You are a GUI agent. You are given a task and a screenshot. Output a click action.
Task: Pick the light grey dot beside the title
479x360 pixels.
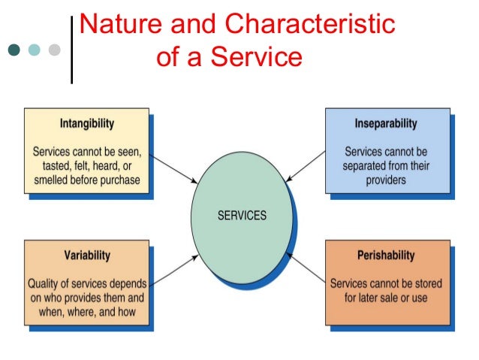tap(53, 50)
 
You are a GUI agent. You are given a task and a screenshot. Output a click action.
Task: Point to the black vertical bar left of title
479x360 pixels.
tap(71, 49)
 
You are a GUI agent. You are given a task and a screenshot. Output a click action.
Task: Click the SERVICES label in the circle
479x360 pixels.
tap(242, 215)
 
